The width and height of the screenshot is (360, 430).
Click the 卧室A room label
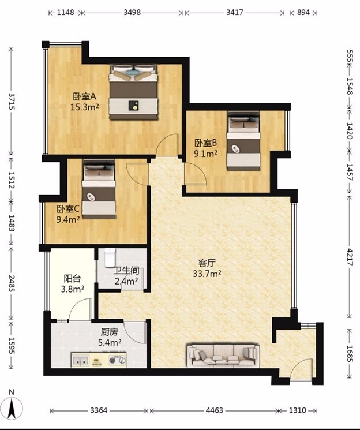(x=84, y=96)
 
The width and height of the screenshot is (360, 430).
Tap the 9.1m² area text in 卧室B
(x=205, y=154)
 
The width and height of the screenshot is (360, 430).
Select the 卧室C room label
(x=68, y=209)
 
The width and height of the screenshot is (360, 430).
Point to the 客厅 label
(x=207, y=263)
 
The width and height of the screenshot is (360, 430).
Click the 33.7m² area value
(x=207, y=274)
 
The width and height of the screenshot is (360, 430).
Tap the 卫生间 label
(x=127, y=271)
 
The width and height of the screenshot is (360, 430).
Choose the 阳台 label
(x=72, y=279)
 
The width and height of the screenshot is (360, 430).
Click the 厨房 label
(x=110, y=332)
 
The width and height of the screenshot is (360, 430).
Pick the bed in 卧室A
(x=133, y=92)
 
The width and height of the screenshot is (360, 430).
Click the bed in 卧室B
(x=243, y=141)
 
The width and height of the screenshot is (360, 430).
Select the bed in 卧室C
(x=99, y=189)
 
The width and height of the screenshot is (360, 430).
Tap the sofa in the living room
(x=223, y=356)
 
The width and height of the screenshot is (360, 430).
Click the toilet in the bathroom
(x=110, y=257)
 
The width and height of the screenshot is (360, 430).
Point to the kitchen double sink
(x=80, y=360)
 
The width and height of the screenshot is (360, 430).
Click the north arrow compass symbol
(x=11, y=407)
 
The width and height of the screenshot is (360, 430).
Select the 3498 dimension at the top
(x=132, y=12)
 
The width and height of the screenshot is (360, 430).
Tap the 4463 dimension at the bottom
(x=215, y=410)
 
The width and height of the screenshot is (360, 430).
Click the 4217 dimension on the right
(x=349, y=257)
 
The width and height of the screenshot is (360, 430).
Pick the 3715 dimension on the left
(x=12, y=102)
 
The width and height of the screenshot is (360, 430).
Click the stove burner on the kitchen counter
(x=112, y=360)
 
